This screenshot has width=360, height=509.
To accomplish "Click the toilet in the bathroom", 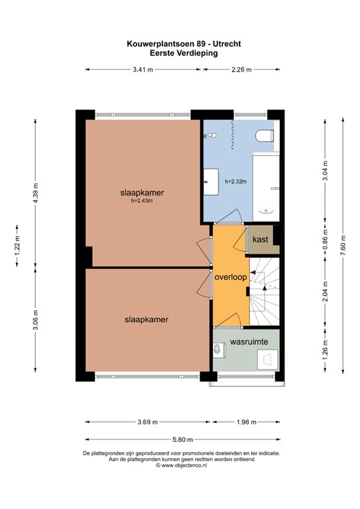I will point(263,136).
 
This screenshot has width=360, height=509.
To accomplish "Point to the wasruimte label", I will point(248,343).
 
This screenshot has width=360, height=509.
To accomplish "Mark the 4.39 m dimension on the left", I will point(36,192).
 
